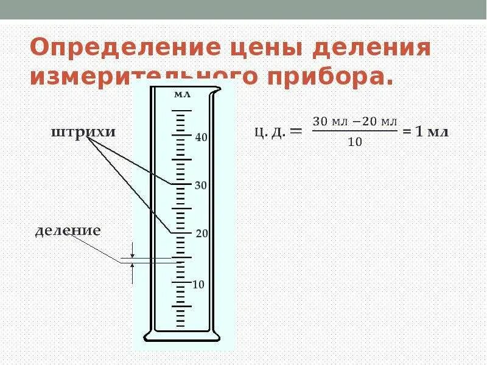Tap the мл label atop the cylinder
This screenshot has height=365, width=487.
[182, 94]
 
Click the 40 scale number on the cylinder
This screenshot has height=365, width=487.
[201, 137]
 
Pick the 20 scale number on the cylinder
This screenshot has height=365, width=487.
[201, 234]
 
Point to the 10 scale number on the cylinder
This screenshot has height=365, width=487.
[198, 285]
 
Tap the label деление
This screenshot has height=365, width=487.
[68, 231]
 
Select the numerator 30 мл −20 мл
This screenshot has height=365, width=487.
[355, 121]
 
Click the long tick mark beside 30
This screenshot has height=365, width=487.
[181, 184]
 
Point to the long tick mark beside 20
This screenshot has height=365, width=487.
[181, 233]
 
